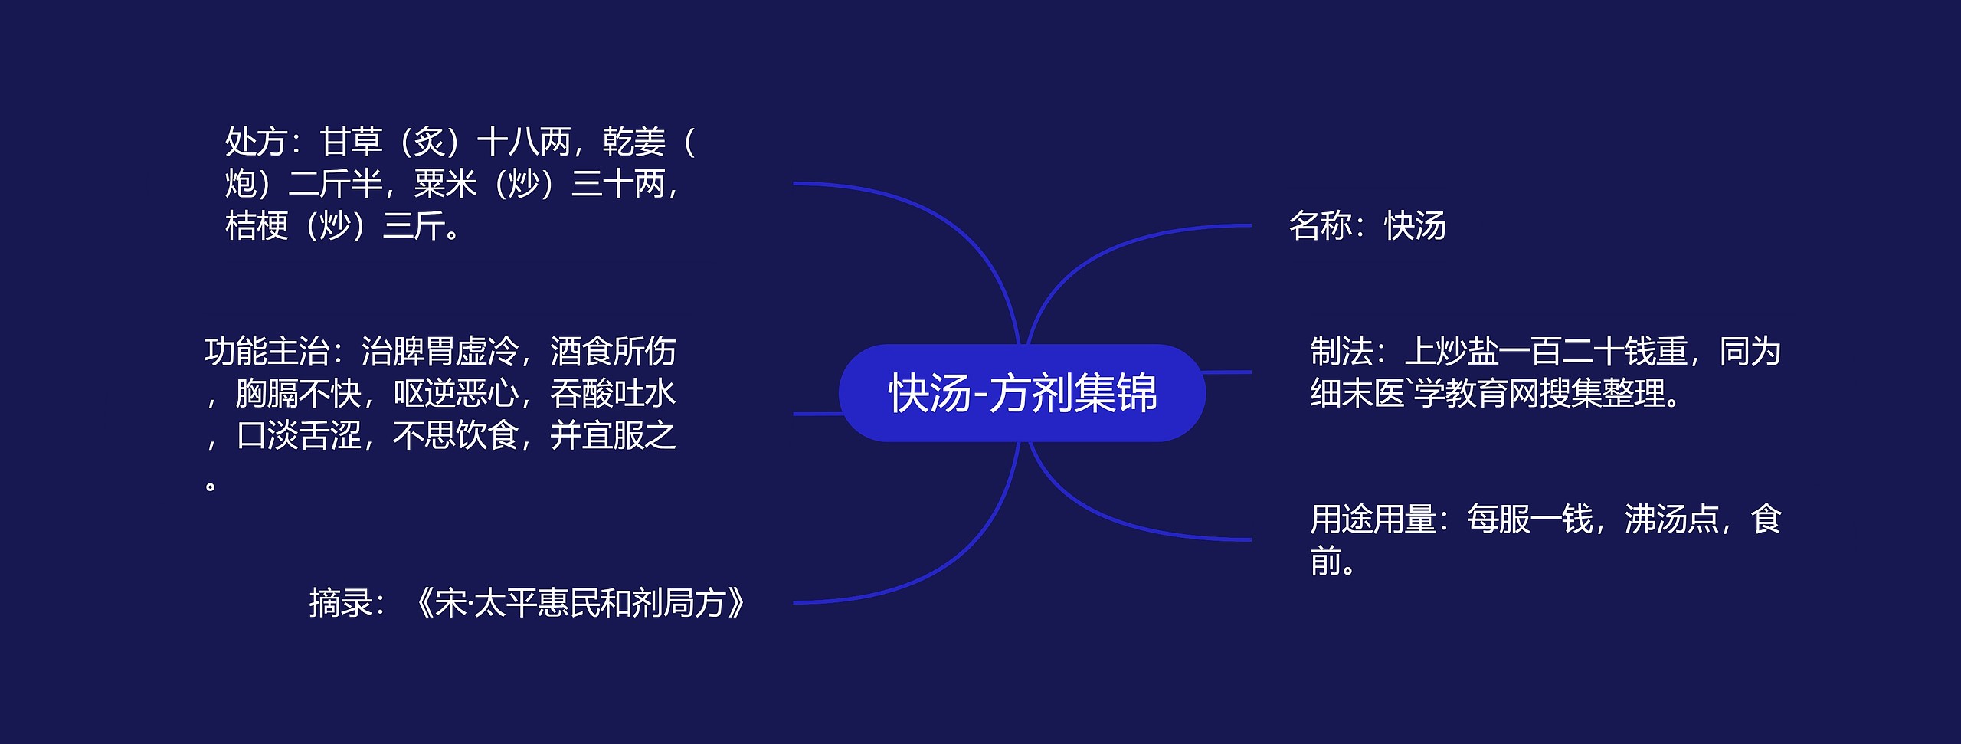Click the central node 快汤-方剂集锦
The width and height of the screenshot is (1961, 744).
pyautogui.click(x=1022, y=393)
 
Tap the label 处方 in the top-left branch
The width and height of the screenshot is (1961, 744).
pyautogui.click(x=256, y=143)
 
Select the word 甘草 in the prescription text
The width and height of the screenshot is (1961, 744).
pyautogui.click(x=351, y=143)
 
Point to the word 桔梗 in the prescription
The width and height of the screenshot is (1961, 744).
pyautogui.click(x=256, y=227)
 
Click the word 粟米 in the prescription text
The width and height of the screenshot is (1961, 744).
pyautogui.click(x=445, y=185)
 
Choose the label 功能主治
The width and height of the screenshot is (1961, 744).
pyautogui.click(x=267, y=352)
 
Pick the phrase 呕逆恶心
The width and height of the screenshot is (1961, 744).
pyautogui.click(x=455, y=394)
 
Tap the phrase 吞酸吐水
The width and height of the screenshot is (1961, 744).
pyautogui.click(x=613, y=394)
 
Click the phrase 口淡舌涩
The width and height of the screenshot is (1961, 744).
pyautogui.click(x=299, y=436)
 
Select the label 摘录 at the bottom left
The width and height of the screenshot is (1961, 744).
pyautogui.click(x=340, y=603)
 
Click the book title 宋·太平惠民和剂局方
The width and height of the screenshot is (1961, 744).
pyautogui.click(x=579, y=603)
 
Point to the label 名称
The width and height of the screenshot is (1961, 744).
pyautogui.click(x=1320, y=227)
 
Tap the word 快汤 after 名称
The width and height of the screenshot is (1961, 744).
pyautogui.click(x=1415, y=227)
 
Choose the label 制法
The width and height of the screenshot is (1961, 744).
pyautogui.click(x=1341, y=352)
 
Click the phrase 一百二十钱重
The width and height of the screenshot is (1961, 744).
pyautogui.click(x=1593, y=352)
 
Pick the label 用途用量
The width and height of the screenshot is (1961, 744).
pyautogui.click(x=1373, y=519)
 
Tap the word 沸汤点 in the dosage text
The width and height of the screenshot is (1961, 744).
pyautogui.click(x=1671, y=519)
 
